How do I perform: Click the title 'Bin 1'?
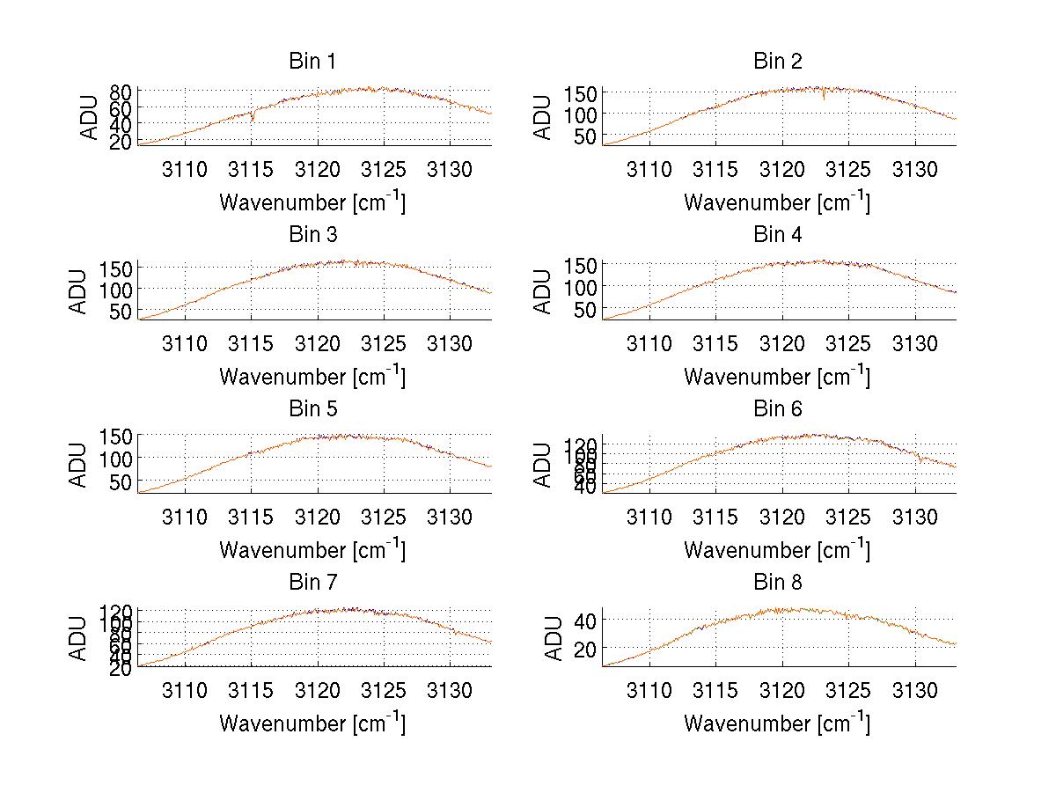pos(312,62)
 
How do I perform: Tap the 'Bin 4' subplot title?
pos(777,235)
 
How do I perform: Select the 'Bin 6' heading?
pos(777,409)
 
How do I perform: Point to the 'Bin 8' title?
pos(777,583)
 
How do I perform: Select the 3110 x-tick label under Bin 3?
pos(185,342)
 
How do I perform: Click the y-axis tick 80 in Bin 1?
pos(121,92)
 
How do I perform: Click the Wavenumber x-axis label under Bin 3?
pos(312,377)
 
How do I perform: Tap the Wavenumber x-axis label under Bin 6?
pos(777,550)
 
